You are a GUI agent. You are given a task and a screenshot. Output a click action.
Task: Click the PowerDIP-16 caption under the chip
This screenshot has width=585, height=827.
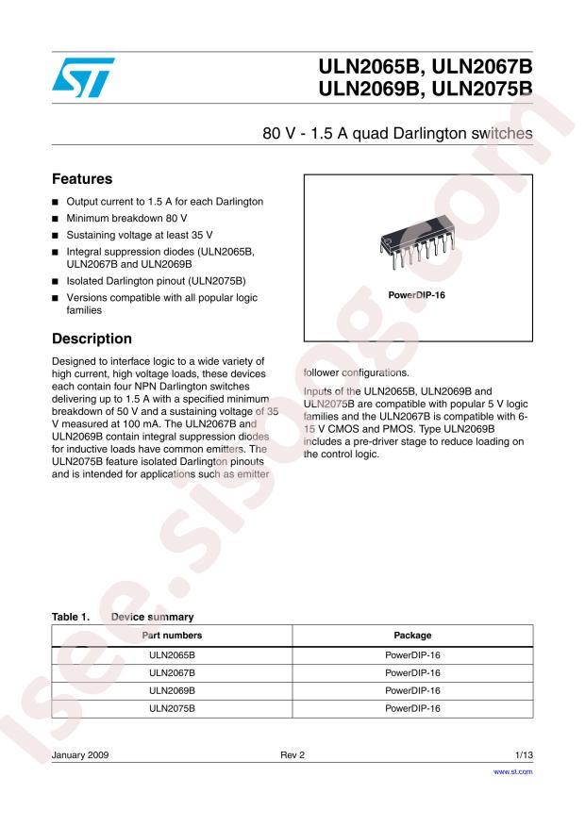tap(417, 295)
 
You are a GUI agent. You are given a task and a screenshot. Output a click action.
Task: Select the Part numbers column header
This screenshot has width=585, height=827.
tap(172, 636)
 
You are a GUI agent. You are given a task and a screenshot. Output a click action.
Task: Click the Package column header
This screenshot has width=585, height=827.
tap(412, 636)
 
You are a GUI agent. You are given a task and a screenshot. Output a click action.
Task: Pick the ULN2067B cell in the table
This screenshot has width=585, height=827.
tap(172, 672)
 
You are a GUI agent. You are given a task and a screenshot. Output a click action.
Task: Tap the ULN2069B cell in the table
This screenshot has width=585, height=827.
tap(172, 690)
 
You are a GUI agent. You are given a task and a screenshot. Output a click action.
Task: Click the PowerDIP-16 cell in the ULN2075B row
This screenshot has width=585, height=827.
tap(412, 708)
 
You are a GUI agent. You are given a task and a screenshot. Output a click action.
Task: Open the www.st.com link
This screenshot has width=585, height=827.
tap(514, 771)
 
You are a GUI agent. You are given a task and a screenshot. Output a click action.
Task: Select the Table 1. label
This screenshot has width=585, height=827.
tap(71, 617)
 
